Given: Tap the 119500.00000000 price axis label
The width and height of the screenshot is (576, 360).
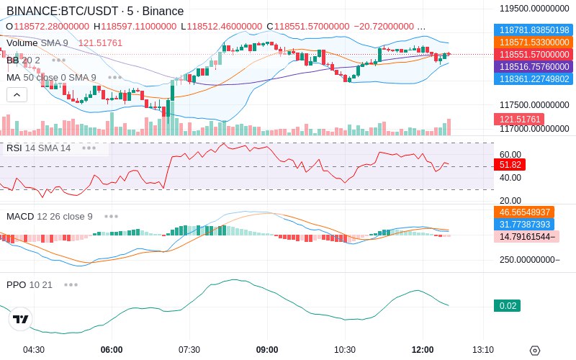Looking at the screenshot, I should [x=535, y=8].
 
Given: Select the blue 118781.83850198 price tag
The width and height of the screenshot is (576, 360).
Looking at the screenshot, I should [x=533, y=30].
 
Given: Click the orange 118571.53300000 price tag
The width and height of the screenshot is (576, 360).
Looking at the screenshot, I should [x=533, y=42].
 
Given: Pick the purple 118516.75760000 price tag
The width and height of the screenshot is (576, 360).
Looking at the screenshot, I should [x=533, y=66].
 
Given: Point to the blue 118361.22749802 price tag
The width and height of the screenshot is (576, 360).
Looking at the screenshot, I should [x=533, y=78].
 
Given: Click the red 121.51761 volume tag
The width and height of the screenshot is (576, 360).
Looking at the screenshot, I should [x=518, y=120].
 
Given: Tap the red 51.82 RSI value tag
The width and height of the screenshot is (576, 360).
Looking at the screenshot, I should [x=510, y=165].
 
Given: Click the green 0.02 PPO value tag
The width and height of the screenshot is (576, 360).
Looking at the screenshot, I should [x=508, y=306].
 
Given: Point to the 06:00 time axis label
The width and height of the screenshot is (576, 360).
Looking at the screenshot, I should [x=112, y=350].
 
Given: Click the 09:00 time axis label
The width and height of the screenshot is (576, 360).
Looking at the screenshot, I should [x=267, y=350].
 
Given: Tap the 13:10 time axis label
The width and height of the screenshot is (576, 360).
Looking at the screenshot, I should [x=482, y=350].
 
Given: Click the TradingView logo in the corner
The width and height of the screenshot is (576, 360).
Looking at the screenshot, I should [x=21, y=319].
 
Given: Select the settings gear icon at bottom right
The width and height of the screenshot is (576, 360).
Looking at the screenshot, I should [x=534, y=351].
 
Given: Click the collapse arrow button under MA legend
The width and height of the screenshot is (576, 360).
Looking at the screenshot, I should [x=17, y=94].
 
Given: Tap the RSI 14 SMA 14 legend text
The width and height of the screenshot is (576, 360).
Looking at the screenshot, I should [x=38, y=148].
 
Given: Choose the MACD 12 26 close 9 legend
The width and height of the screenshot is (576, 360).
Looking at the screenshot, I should [x=50, y=216].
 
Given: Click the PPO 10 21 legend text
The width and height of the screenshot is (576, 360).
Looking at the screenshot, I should [x=30, y=284].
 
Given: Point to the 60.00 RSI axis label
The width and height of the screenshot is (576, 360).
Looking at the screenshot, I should [x=510, y=154].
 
